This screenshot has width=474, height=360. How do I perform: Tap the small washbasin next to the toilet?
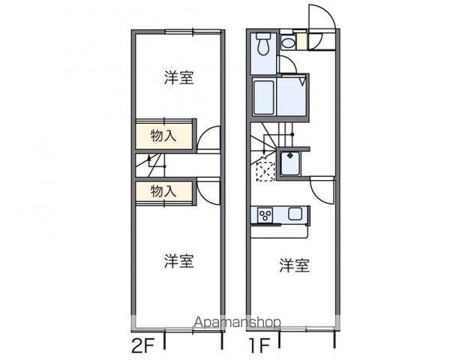click(288, 43)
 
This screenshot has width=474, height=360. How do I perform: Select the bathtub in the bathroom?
click(263, 97)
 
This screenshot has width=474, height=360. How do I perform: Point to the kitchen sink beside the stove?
click(295, 214)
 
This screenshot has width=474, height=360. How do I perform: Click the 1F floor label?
click(259, 348)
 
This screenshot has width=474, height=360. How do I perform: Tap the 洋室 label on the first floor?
click(295, 265)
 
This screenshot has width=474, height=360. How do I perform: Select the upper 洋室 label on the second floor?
click(179, 77)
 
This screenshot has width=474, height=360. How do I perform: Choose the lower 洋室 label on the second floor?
click(179, 261)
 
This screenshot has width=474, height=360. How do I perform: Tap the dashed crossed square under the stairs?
click(265, 170)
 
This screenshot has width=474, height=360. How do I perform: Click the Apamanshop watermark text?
click(237, 323)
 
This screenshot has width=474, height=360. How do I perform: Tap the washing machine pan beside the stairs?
click(290, 163)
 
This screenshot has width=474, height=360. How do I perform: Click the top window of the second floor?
click(193, 31)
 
